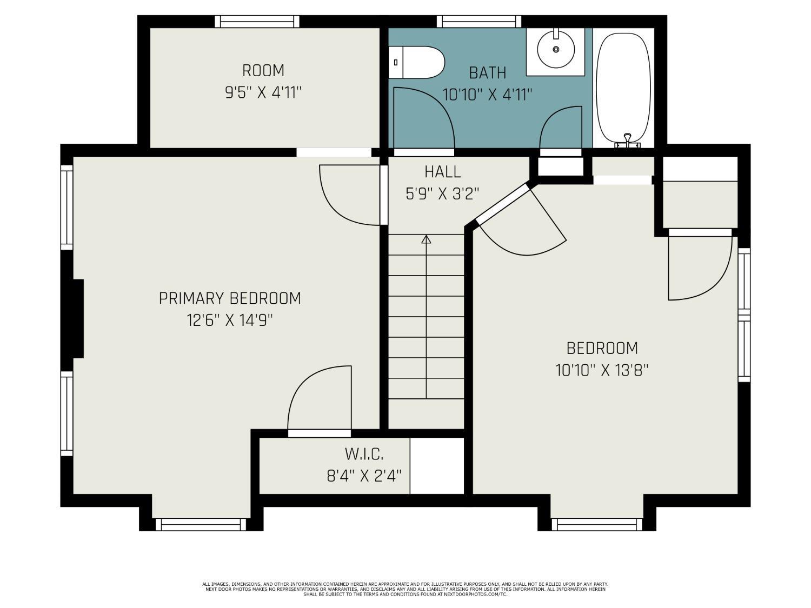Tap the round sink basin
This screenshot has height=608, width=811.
pyautogui.click(x=556, y=49)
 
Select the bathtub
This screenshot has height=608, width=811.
pyautogui.click(x=623, y=86)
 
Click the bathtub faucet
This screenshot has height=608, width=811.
pyautogui.click(x=628, y=140)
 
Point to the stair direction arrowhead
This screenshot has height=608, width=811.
pyautogui.click(x=426, y=239)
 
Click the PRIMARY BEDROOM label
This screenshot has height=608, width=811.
pyautogui.click(x=230, y=298)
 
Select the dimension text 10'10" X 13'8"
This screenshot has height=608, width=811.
pyautogui.click(x=602, y=370)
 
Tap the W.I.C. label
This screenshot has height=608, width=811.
pyautogui.click(x=364, y=453)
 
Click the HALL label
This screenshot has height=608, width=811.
pyautogui.click(x=442, y=172)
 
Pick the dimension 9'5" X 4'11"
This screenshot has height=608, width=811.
pyautogui.click(x=263, y=92)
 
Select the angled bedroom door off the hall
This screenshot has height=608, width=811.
pyautogui.click(x=519, y=222)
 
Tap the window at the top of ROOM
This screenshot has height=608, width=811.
pyautogui.click(x=257, y=22)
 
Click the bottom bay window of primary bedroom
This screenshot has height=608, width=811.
pyautogui.click(x=201, y=524)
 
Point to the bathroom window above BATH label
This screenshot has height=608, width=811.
pyautogui.click(x=479, y=22)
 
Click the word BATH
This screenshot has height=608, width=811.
pyautogui.click(x=487, y=72)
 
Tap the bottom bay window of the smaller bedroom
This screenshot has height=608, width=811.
pyautogui.click(x=597, y=524)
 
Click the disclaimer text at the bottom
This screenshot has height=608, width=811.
pyautogui.click(x=405, y=589)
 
